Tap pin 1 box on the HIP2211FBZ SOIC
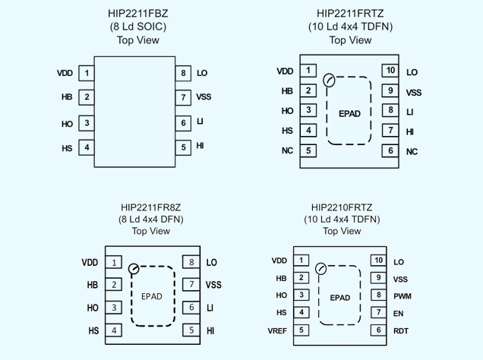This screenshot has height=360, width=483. point(87,74)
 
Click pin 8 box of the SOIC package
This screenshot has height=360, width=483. point(184,74)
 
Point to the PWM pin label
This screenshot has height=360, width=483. point(402,295)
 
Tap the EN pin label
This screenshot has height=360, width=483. point(398,313)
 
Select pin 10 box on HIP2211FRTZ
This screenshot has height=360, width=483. point(390,71)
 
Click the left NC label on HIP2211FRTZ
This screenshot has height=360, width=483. point(286,151)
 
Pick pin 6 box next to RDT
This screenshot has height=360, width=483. point(377,330)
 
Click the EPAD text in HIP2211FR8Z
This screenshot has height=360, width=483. point(152,296)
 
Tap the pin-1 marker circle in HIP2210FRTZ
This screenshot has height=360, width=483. point(320,268)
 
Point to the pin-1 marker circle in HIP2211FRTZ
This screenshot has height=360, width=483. point(329,80)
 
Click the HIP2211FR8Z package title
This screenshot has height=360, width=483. point(151,207)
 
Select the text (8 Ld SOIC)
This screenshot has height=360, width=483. point(138,27)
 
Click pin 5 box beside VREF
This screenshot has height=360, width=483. point(301,330)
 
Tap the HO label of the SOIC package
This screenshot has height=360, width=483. point(67,124)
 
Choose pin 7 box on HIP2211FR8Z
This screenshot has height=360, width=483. point(191,285)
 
